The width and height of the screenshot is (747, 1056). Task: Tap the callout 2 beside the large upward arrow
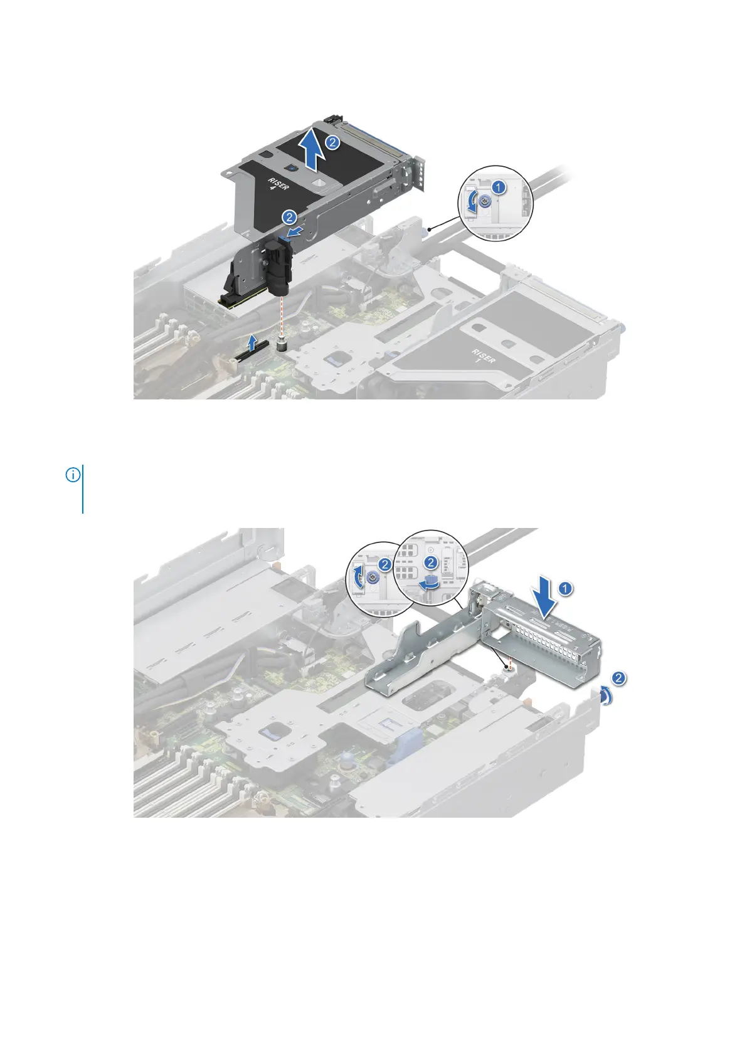coord(333,142)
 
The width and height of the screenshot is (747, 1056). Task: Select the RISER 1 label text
coord(484,358)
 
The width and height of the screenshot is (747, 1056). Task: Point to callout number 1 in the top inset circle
coord(498,186)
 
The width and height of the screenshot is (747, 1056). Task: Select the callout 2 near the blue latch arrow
coord(289,218)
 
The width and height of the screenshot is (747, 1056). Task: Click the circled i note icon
coord(73,475)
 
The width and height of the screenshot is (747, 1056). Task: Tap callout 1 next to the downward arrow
coord(566,588)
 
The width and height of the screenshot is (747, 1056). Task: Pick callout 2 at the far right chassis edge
coord(618,678)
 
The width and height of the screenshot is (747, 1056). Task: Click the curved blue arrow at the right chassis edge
coord(605,695)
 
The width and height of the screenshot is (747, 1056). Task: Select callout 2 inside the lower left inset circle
coord(385,565)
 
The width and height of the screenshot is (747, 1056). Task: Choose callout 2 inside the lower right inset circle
coord(431,562)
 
